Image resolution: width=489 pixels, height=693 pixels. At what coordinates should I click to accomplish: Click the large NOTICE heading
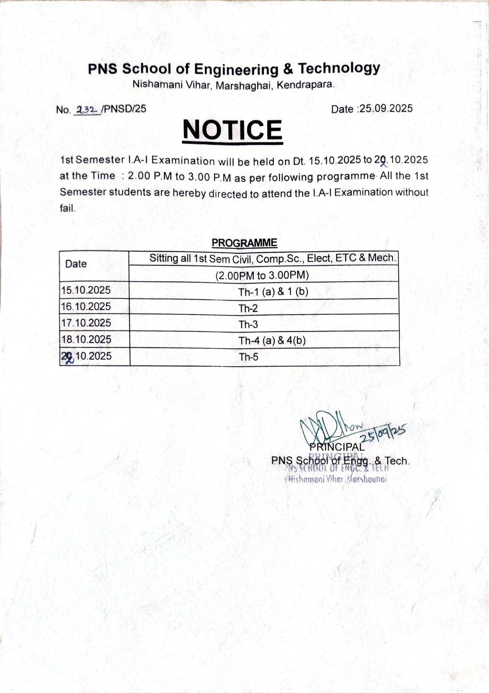(x=233, y=130)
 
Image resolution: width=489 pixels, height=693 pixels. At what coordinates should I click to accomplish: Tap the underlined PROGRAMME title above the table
(x=244, y=243)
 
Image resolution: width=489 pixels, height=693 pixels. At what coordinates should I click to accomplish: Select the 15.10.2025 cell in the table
(x=86, y=290)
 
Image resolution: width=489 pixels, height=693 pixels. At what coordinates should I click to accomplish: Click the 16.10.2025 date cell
(x=86, y=306)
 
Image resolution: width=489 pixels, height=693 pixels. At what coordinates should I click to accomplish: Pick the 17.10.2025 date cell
(x=86, y=323)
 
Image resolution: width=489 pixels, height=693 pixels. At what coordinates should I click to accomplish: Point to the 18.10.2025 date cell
(x=86, y=339)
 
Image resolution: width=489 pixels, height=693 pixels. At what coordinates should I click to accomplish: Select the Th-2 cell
(x=248, y=308)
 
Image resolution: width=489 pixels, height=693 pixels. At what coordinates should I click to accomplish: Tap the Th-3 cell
(x=248, y=324)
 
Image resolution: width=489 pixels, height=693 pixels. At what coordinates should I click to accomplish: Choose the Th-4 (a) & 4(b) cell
(x=272, y=341)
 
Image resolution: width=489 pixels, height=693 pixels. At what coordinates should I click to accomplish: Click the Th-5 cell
(x=248, y=357)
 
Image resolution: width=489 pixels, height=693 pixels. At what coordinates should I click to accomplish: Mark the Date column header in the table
(x=76, y=264)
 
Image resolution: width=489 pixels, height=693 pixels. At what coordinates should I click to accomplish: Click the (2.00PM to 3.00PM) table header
(x=262, y=276)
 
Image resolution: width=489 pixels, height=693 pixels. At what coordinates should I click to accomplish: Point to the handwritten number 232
(x=87, y=109)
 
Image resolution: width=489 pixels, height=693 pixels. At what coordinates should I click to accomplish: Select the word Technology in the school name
(x=339, y=69)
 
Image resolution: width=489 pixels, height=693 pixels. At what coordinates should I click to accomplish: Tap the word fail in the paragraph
(x=67, y=209)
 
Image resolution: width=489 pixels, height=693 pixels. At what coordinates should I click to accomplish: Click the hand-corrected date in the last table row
(x=86, y=356)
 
